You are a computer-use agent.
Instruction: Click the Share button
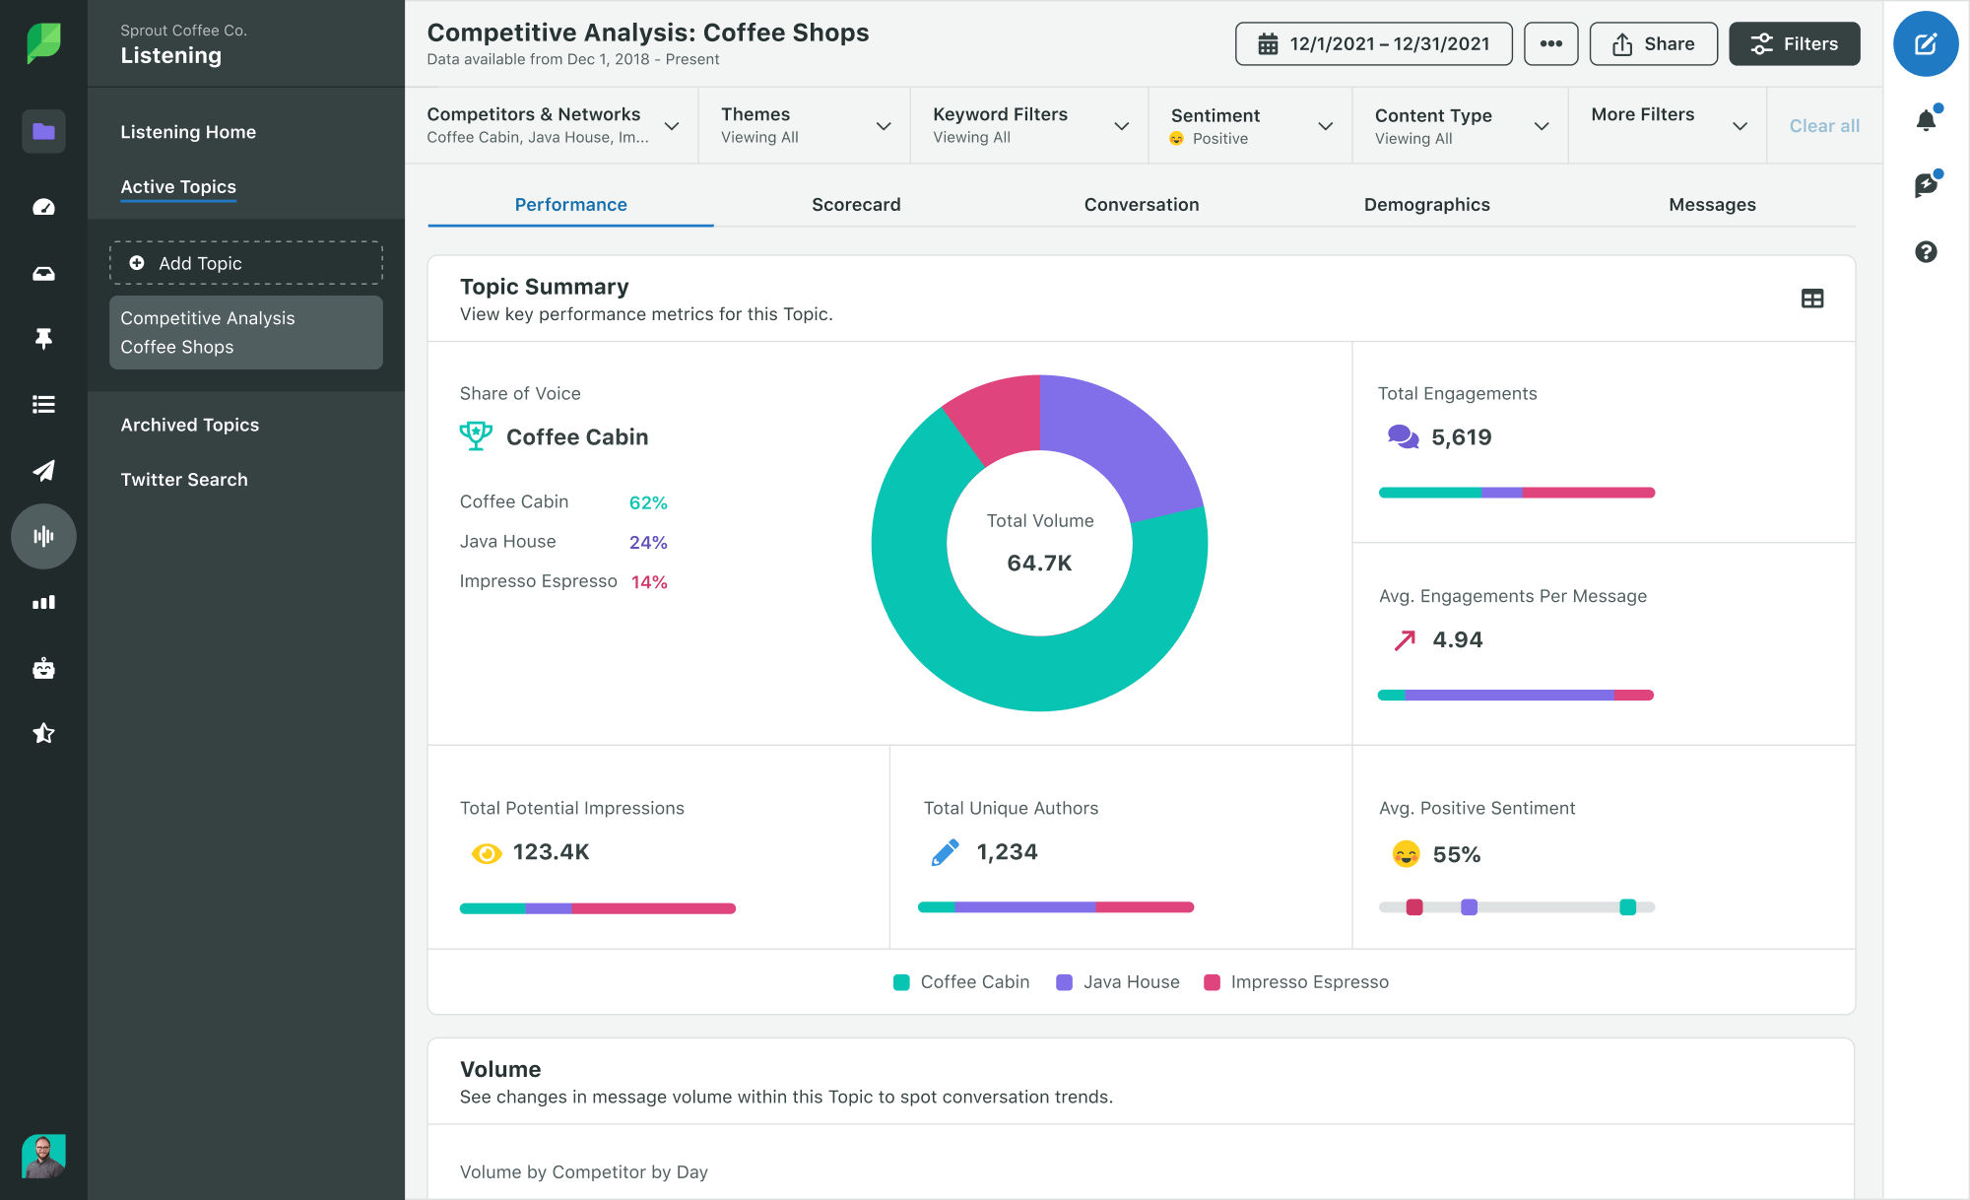(1653, 44)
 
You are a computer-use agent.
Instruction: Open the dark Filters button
(1794, 44)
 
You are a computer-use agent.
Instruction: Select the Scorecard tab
(855, 205)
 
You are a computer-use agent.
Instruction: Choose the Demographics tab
(1425, 205)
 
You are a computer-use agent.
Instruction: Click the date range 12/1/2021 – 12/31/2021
(1373, 44)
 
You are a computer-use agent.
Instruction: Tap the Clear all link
(1823, 126)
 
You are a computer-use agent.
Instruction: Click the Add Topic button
(246, 263)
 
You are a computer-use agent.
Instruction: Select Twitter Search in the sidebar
(184, 480)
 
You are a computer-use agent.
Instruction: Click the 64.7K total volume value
(1039, 564)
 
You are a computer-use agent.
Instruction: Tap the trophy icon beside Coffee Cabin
(476, 435)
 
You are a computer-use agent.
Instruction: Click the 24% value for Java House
(648, 543)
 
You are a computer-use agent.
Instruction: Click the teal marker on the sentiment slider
(1627, 907)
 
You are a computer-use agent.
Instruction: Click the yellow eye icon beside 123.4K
(486, 853)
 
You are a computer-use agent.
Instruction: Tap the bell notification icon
(1926, 120)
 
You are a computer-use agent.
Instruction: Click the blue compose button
(1925, 44)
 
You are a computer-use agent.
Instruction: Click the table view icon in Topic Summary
(1811, 299)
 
